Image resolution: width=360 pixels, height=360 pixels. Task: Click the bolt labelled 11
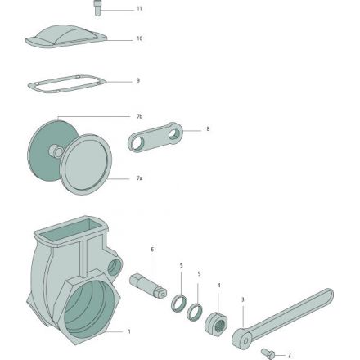97,8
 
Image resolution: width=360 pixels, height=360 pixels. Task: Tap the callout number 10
139,38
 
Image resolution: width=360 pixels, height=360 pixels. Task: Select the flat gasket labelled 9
67,84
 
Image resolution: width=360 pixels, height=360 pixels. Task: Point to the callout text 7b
139,116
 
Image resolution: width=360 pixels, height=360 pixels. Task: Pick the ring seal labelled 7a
85,164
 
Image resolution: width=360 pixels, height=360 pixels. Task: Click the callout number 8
208,128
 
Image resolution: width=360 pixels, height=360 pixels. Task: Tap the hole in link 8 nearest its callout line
174,134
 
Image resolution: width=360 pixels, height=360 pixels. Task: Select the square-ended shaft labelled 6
148,286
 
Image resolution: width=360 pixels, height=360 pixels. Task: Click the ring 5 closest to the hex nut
194,312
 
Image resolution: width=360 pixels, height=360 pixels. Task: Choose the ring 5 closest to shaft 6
178,303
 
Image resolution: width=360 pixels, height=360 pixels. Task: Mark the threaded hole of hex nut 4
220,326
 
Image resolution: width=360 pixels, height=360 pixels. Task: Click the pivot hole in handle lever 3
245,340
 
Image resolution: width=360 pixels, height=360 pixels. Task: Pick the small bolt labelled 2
268,353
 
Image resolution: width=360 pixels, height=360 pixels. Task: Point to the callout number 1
129,331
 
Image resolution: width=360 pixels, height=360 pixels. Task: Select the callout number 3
243,299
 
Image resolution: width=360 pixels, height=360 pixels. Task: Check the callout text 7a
139,178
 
